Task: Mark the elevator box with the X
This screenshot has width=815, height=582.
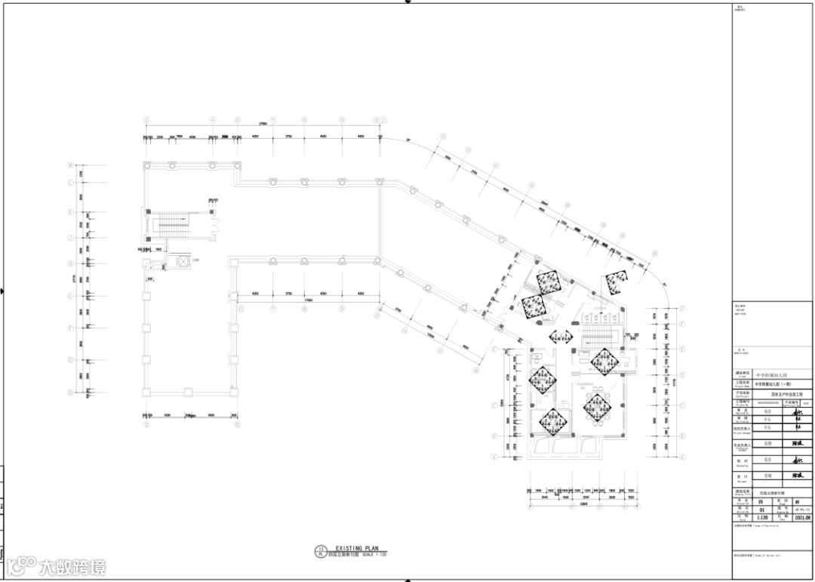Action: click(181, 261)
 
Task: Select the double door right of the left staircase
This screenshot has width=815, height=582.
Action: click(214, 223)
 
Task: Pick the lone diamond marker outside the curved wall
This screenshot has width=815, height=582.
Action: click(617, 283)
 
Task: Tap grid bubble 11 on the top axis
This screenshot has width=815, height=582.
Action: click(383, 119)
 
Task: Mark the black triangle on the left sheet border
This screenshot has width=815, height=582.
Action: click(4, 291)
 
